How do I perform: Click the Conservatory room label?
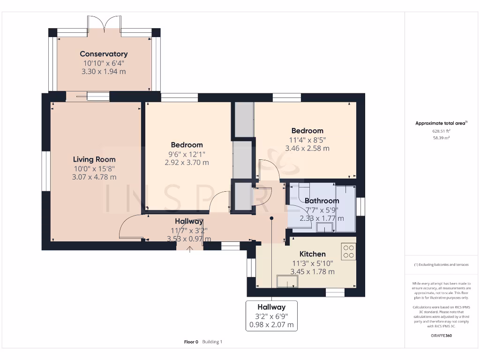(104, 54)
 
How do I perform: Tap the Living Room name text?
(94, 159)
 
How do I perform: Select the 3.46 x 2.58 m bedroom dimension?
(307, 148)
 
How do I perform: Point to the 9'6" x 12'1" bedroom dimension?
(187, 154)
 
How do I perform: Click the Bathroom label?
(322, 201)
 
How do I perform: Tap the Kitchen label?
(312, 254)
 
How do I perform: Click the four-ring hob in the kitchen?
(348, 252)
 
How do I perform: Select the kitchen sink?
(287, 280)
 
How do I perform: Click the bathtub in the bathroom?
(345, 208)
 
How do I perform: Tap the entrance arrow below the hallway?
(190, 249)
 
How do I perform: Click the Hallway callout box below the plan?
(272, 316)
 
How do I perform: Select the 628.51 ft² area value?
(441, 131)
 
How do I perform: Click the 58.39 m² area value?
(441, 138)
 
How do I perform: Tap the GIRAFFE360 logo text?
(441, 336)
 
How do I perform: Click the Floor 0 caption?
(191, 342)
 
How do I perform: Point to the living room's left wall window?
(45, 171)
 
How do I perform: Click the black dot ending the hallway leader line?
(272, 218)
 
